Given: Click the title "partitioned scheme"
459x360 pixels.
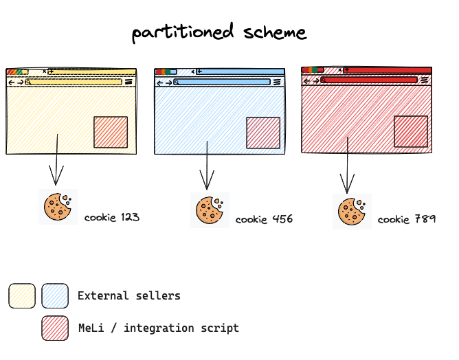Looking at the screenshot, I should (x=219, y=32).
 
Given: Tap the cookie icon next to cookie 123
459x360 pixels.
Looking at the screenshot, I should (x=58, y=206).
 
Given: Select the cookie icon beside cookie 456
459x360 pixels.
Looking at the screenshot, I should (x=210, y=210).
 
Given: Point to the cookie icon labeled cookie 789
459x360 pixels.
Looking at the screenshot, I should (x=352, y=211).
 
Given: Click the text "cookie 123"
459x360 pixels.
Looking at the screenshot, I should (x=112, y=217).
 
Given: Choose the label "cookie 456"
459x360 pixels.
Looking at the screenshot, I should (x=264, y=219).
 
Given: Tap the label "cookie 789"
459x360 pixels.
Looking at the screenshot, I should (x=406, y=219).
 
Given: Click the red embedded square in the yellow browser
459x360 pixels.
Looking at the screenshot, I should (x=111, y=132).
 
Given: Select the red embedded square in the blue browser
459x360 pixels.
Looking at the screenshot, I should (x=263, y=133).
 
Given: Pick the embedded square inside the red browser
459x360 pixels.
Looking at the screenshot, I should (x=411, y=131).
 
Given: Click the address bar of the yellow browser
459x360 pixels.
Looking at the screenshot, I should (x=76, y=82).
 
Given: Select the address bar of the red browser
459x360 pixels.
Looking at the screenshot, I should (x=370, y=80).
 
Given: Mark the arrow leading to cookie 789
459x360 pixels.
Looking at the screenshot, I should (x=348, y=165).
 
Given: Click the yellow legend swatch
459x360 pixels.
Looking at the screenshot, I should (x=22, y=295).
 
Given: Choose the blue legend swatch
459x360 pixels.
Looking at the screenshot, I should (x=55, y=295).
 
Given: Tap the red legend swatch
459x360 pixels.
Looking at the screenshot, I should (x=55, y=328).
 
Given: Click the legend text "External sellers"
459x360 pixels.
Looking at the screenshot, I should (x=129, y=295).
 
